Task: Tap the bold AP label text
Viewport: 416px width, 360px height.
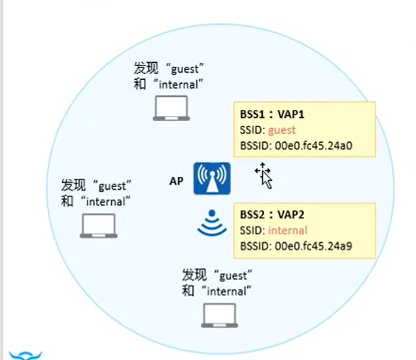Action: [x=176, y=181]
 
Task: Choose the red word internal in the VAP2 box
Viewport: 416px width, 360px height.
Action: [x=288, y=230]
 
